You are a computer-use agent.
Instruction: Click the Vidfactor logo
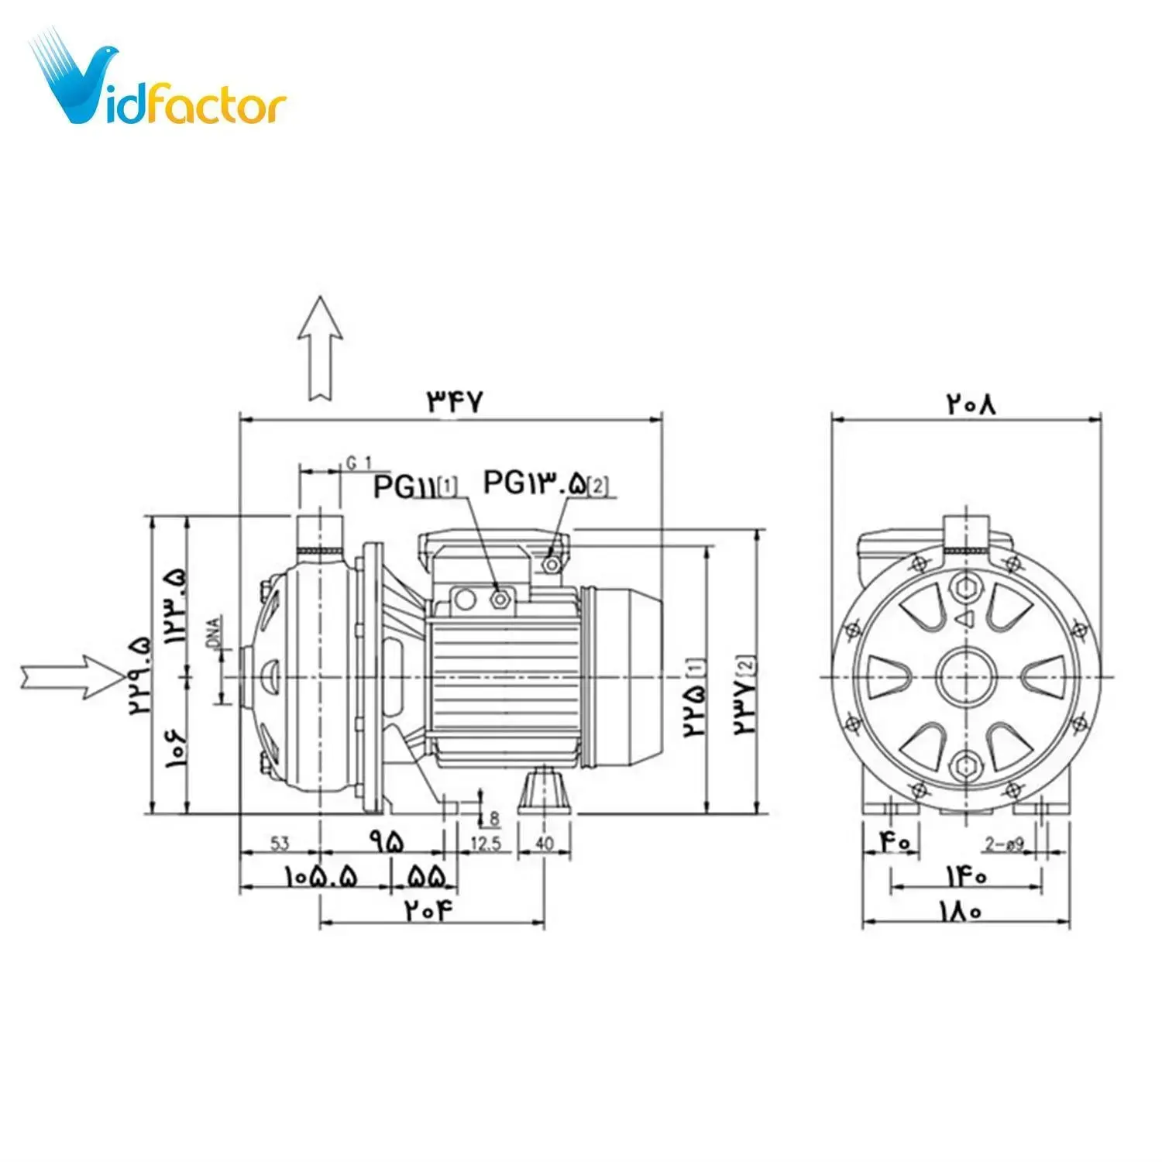(x=159, y=85)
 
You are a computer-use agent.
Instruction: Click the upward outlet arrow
(x=320, y=349)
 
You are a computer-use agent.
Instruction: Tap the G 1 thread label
(x=359, y=462)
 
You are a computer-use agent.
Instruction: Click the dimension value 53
(x=280, y=843)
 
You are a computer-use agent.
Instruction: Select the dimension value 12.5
(x=486, y=843)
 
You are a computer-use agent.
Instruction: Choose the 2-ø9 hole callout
(x=1005, y=844)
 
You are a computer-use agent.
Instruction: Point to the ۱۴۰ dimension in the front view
(x=965, y=876)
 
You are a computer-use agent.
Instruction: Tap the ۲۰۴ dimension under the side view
(x=427, y=909)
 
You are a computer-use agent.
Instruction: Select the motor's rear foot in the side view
(x=544, y=790)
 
